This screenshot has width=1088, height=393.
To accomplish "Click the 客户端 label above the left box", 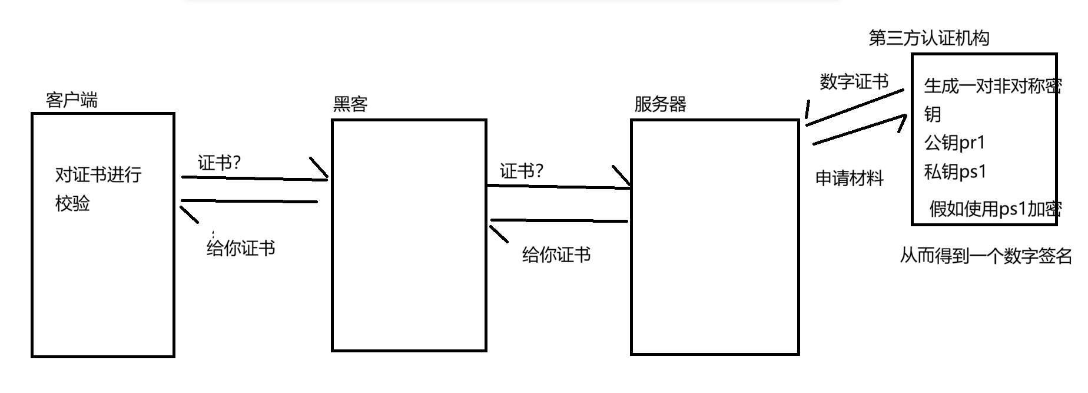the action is pos(71,100).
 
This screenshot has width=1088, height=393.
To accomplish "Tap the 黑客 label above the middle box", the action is pos(350,104).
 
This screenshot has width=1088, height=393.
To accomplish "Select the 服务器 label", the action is pos(660,104).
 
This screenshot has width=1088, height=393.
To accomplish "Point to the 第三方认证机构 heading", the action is pos(928,38).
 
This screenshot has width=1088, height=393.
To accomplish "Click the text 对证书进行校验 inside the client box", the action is pos(98,189).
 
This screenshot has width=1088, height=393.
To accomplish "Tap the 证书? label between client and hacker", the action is pos(219,163).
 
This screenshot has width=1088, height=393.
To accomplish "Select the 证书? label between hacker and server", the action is pos(521,171).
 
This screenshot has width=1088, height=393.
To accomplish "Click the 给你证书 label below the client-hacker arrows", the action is pos(241,248).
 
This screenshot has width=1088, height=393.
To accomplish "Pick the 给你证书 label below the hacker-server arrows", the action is pos(556,255).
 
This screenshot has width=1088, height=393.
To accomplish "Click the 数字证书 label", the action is pos(854,81).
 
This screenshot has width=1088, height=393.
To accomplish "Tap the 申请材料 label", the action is pos(849,178).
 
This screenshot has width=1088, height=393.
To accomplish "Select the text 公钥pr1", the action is pos(954,143).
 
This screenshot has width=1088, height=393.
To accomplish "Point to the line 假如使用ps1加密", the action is pos(995,209).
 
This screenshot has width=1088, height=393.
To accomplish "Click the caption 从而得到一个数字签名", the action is pos(986,256).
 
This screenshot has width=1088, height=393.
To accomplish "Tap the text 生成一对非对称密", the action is pos(993,86).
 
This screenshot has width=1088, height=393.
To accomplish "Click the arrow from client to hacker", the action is pos(253,177).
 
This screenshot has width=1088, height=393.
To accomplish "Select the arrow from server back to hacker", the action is pos(559,221).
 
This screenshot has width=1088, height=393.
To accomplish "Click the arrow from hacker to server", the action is pos(559,187).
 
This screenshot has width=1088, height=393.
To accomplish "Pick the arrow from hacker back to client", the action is pos(250,202).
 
